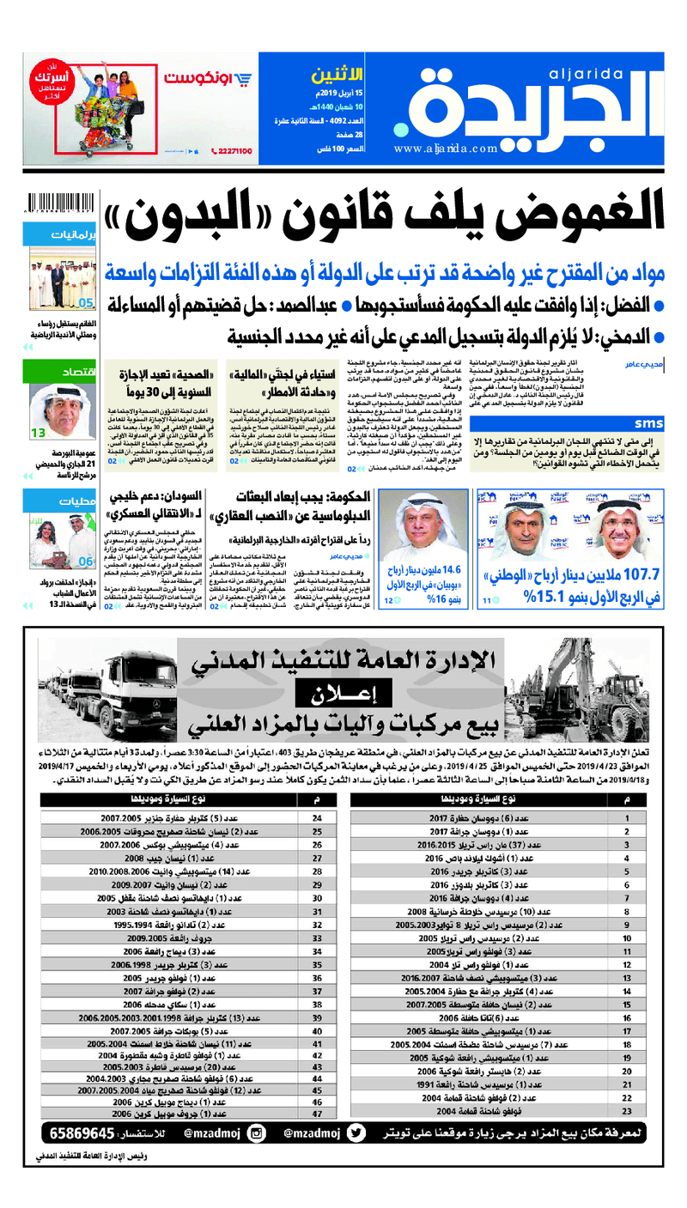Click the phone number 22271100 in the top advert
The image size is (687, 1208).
[x=231, y=151]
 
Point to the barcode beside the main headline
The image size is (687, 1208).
[x=63, y=203]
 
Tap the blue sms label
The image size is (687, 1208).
[x=649, y=424]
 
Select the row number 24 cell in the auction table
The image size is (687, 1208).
[x=317, y=819]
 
